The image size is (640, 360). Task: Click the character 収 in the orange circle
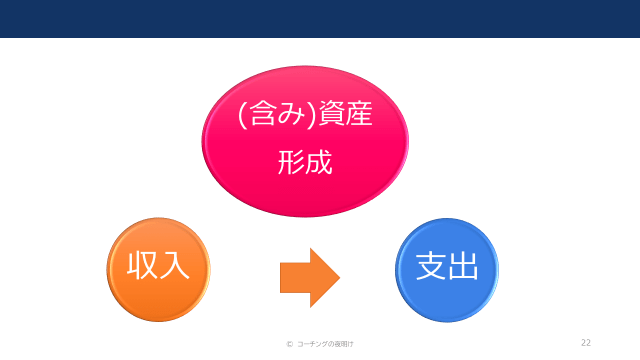click(143, 265)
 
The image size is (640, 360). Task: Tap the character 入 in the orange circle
click(175, 265)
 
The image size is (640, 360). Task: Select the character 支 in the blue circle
click(431, 266)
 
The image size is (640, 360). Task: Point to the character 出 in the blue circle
click(462, 266)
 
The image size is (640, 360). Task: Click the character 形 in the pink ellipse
click(291, 162)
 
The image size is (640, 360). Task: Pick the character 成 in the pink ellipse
click(319, 162)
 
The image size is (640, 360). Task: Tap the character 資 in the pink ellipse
click(332, 113)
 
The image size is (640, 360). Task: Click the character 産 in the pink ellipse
click(359, 113)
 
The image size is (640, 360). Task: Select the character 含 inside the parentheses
click(260, 113)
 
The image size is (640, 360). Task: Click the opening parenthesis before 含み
click(241, 114)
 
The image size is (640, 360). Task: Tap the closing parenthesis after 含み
click(312, 114)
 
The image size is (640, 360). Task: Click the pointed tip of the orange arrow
click(340, 278)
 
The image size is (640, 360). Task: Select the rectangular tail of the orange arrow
click(295, 278)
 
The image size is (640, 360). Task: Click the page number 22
click(586, 342)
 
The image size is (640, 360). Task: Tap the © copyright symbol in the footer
click(289, 344)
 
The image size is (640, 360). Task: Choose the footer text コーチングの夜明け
click(325, 344)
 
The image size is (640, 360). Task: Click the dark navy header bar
click(320, 19)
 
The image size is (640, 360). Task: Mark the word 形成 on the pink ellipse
click(305, 162)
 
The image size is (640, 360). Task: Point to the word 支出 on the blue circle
click(447, 266)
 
